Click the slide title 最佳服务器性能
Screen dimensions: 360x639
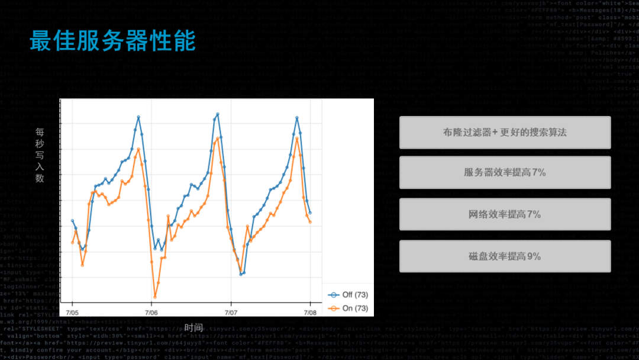coord(112,41)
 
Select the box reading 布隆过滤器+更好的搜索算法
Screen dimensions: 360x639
coord(505,132)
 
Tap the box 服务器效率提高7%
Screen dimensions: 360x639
coord(505,172)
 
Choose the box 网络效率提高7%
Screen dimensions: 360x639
coord(505,214)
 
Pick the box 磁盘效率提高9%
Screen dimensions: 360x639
coord(505,256)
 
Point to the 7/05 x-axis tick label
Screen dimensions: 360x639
coord(72,312)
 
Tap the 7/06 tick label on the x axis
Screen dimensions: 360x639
coord(151,312)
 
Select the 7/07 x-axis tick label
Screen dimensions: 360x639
coord(231,312)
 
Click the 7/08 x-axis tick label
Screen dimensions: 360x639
coord(310,312)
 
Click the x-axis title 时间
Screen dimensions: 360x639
coord(193,327)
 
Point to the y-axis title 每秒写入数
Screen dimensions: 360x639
coord(40,155)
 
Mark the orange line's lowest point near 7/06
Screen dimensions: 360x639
coord(155,297)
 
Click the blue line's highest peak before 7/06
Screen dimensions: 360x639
coord(138,117)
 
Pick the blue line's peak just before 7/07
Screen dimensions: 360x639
coord(218,113)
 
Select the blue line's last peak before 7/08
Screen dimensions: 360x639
coord(297,117)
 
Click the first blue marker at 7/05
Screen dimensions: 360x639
coord(72,220)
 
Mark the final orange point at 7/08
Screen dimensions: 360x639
coord(310,222)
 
